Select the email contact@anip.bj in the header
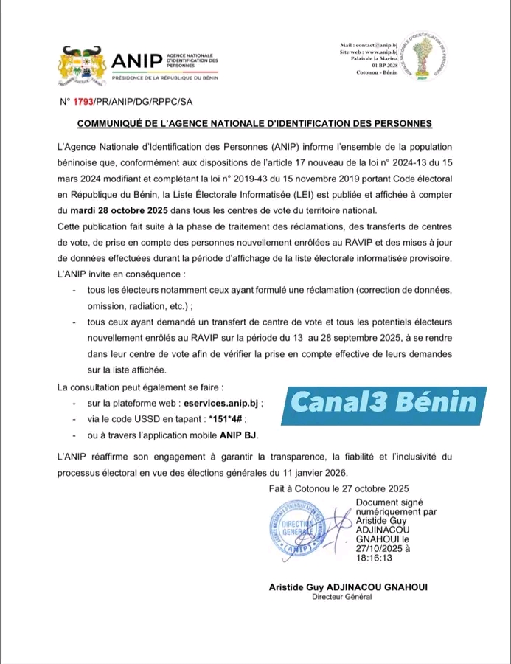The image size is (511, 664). coord(375,46)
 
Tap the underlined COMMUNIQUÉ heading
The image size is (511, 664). coord(255,123)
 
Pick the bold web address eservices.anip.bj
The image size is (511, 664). coord(223,404)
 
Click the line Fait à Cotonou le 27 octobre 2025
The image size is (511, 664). coord(335,488)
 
